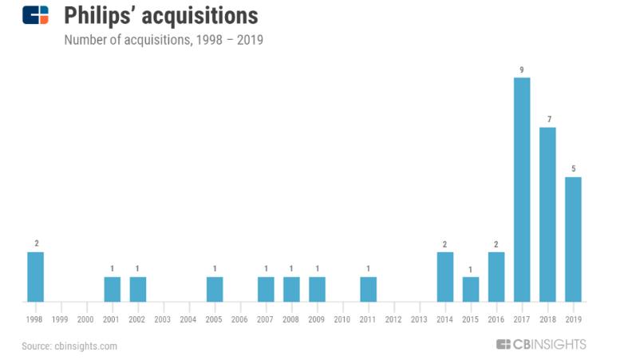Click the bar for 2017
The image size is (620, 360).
(x=522, y=190)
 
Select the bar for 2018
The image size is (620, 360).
(x=547, y=215)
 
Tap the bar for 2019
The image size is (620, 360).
(x=573, y=239)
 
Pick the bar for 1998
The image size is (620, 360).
(x=35, y=277)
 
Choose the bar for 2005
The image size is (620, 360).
(x=215, y=289)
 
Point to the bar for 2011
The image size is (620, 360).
(x=368, y=289)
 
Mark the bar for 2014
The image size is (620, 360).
(x=445, y=277)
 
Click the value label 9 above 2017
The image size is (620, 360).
(x=522, y=70)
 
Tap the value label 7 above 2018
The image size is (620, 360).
(x=547, y=120)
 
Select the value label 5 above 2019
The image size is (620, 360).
(x=573, y=169)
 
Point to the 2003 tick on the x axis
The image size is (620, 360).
(x=163, y=319)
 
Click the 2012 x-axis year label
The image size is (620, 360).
(x=393, y=319)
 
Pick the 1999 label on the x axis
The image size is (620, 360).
(x=61, y=319)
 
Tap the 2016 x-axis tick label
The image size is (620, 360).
(x=496, y=319)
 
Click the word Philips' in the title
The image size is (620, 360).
(x=102, y=15)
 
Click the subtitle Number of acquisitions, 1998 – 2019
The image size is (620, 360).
(x=164, y=39)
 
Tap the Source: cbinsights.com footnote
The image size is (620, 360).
(x=70, y=346)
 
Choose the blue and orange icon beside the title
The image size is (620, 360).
(x=36, y=15)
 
